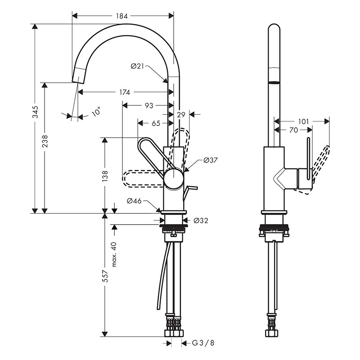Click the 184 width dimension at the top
tap(122, 16)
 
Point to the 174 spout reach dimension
tap(125, 92)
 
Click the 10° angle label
tap(95, 111)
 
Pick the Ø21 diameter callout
tap(137, 66)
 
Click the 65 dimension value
tap(156, 122)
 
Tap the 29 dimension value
tap(181, 114)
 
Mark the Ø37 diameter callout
tap(211, 160)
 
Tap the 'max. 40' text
tap(114, 254)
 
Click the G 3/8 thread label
tap(203, 343)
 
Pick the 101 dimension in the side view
tap(303, 121)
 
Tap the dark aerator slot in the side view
tap(274, 82)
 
